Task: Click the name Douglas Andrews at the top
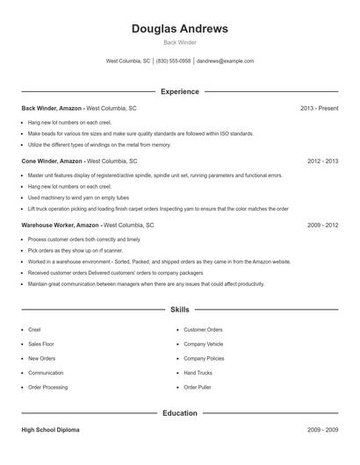click(179, 29)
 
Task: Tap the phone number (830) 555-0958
click(174, 61)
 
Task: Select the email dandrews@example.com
click(225, 61)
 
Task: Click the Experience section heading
click(179, 91)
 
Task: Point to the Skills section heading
click(179, 310)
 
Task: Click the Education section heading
click(179, 412)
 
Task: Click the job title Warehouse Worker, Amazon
click(61, 225)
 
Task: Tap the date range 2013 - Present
click(319, 108)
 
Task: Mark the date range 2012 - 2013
click(322, 161)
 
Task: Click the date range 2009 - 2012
click(322, 225)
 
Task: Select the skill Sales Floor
click(40, 344)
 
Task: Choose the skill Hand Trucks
click(198, 373)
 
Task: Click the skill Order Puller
click(197, 387)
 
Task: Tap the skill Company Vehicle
click(203, 344)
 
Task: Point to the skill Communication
click(46, 373)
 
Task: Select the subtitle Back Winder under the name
click(179, 42)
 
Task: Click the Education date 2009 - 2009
click(322, 430)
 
